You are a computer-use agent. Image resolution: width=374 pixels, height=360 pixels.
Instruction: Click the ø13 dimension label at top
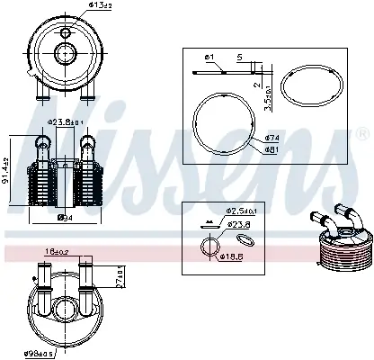[77, 6]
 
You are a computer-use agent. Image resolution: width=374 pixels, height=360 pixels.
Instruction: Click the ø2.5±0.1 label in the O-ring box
[238, 211]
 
